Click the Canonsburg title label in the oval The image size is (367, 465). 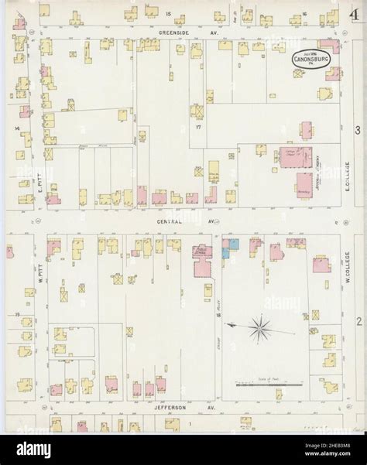[308, 59]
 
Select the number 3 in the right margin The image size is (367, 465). [358, 129]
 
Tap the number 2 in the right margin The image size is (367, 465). [358, 319]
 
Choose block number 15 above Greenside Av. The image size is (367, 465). [168, 14]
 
